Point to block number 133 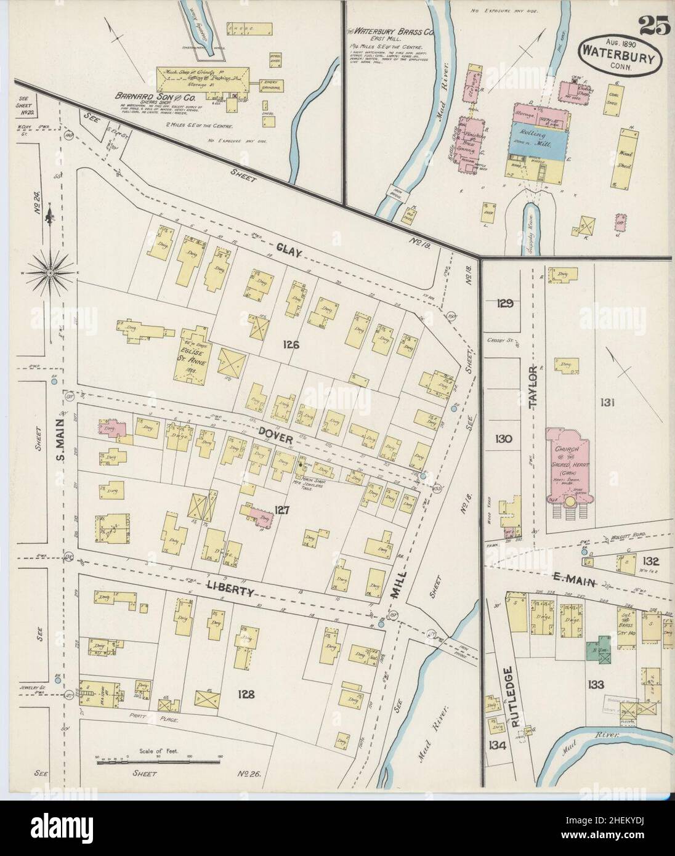click(x=596, y=684)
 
